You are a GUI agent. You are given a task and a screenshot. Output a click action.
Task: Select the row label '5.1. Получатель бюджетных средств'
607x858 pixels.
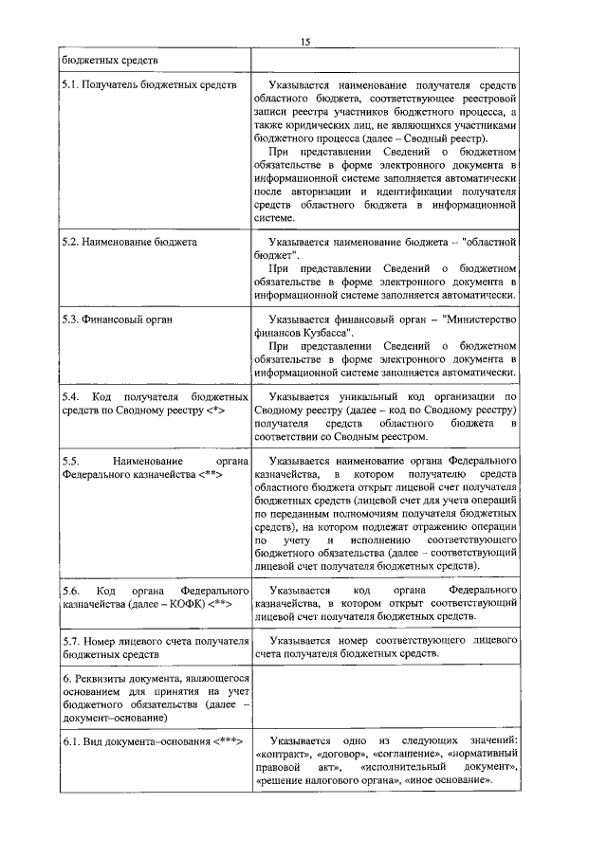(x=149, y=85)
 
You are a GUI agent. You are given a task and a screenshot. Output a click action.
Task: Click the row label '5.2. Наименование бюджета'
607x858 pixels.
(x=130, y=242)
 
